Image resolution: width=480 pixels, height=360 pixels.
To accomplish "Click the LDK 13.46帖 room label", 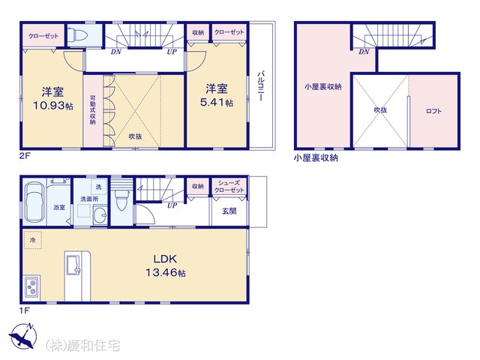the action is (165, 265).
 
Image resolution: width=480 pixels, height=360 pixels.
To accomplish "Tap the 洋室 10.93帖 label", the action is (53, 98).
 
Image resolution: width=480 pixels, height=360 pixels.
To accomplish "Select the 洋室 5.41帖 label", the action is (217, 95).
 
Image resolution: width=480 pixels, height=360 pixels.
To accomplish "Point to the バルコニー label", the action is (261, 86).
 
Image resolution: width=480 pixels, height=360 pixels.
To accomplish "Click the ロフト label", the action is (433, 111).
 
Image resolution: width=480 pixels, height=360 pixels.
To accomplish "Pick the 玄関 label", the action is (229, 211).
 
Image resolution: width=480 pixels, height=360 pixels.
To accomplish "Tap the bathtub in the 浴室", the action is (34, 202).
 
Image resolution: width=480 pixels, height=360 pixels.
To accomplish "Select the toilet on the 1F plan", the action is (121, 200).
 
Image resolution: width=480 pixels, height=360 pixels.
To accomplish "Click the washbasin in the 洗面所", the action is (100, 216).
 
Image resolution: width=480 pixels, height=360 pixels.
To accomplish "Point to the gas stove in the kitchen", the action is (31, 286).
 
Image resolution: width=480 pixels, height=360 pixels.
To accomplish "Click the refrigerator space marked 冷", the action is (32, 240).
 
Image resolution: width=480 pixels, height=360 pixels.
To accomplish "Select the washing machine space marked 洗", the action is (98, 187).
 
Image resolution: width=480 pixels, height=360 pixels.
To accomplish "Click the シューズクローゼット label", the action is (229, 187).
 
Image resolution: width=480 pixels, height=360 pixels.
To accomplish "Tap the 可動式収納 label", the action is (93, 110).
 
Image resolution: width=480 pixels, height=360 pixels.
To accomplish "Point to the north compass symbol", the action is (22, 336).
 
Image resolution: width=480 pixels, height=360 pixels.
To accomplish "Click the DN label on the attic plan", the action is (364, 52).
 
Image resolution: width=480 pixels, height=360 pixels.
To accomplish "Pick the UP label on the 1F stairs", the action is (172, 205).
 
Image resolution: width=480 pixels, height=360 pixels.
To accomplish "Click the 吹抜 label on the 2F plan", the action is (135, 136).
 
